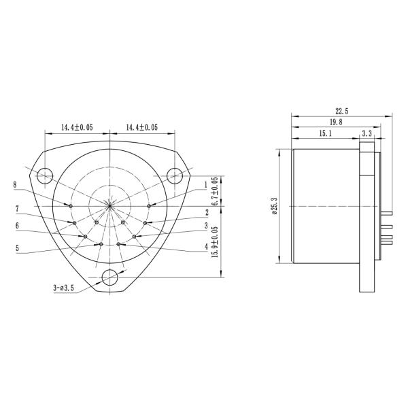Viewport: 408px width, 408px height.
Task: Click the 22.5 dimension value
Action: [341, 112]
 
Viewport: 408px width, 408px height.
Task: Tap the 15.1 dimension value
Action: [325, 134]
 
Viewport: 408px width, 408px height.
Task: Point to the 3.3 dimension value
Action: [367, 134]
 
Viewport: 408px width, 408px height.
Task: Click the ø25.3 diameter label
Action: [273, 205]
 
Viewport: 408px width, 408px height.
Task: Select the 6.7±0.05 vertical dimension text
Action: [215, 191]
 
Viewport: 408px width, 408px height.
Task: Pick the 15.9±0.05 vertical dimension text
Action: [215, 241]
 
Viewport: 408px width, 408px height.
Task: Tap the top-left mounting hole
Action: [45, 175]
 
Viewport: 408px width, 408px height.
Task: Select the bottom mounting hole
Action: [109, 277]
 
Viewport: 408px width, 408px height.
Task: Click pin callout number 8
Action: [14, 184]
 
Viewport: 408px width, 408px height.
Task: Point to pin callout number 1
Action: [205, 184]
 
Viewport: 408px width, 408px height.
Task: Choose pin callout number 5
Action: [16, 248]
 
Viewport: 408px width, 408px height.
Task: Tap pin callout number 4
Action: [205, 246]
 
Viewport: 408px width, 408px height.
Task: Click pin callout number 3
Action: [205, 225]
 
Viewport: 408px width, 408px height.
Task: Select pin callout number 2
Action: [205, 212]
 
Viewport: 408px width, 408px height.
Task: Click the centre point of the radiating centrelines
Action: [109, 205]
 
